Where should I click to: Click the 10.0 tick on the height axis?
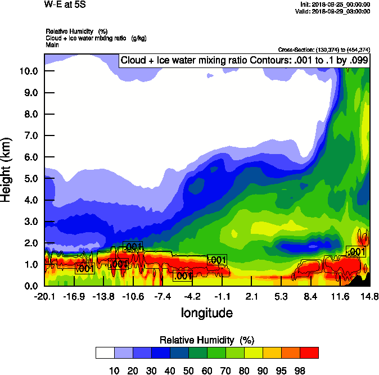[29, 71]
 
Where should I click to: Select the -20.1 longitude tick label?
[44, 296]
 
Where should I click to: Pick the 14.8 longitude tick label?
[369, 296]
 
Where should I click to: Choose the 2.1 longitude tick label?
[251, 296]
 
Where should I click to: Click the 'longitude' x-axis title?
[206, 312]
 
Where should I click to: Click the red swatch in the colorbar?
[309, 353]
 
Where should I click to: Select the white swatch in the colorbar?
[105, 353]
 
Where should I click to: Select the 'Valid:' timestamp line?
[334, 11]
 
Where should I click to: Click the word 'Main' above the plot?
[52, 44]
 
